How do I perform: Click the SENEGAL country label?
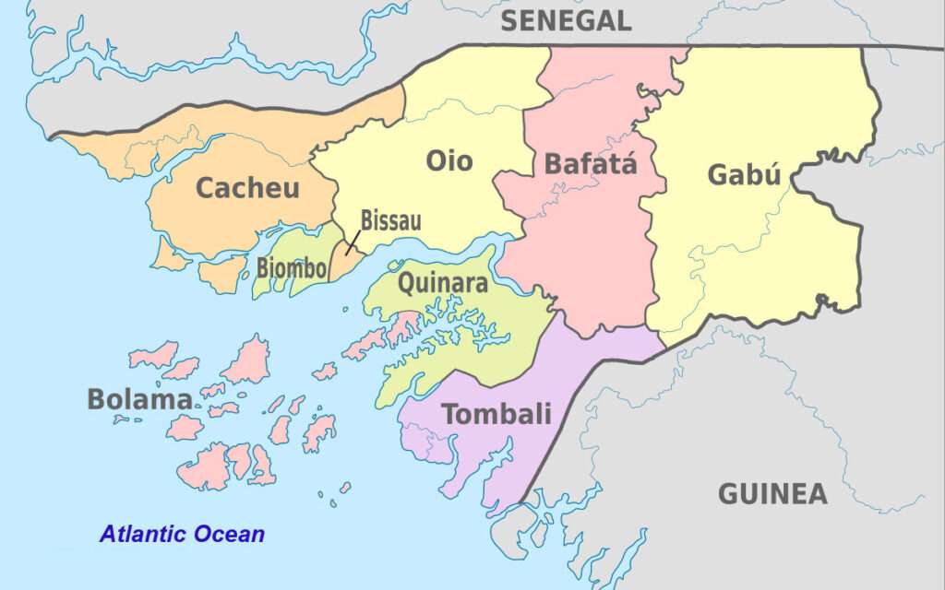[x=566, y=20]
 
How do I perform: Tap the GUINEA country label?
[x=772, y=494]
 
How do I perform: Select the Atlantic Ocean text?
[x=182, y=534]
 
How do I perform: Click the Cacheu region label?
[x=247, y=188]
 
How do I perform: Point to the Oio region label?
[x=449, y=161]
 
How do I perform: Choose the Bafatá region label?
[x=591, y=165]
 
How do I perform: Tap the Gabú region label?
[x=744, y=174]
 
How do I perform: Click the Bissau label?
[x=390, y=220]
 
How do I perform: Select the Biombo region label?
[x=291, y=269]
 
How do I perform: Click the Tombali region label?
[x=496, y=414]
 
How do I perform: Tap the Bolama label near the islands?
[x=139, y=399]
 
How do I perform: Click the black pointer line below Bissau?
[x=353, y=242]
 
